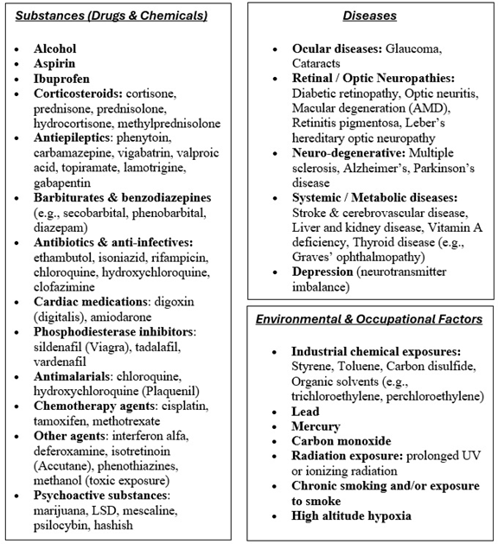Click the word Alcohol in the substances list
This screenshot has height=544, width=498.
[x=54, y=49]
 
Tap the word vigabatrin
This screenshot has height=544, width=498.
[x=137, y=152]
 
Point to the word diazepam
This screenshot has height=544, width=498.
[x=58, y=227]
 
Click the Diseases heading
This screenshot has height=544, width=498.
[x=369, y=16]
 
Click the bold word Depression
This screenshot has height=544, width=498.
[x=325, y=272]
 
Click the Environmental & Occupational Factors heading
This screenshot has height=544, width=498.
[x=369, y=320]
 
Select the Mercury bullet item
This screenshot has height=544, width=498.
[x=316, y=426]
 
